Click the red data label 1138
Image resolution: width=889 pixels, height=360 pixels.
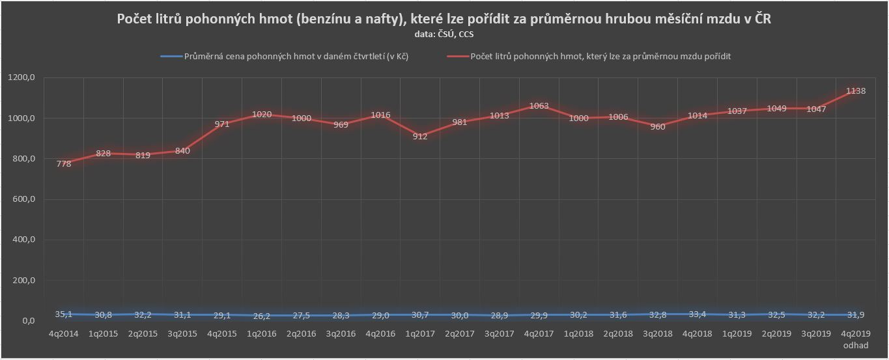pos(855,91)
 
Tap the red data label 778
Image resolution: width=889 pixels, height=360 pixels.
pos(64,164)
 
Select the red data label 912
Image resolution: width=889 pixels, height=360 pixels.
pos(420,137)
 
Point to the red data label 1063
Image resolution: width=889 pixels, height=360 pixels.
pos(539,105)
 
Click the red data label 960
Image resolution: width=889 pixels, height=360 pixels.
pos(658,127)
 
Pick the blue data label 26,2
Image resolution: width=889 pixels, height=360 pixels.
pos(262,316)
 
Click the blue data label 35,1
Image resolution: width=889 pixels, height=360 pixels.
pos(64,314)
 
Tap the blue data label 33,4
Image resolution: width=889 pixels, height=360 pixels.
pos(698,314)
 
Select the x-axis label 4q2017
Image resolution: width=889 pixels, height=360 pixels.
pos(539,334)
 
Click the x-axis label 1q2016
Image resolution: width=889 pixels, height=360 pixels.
pos(262,334)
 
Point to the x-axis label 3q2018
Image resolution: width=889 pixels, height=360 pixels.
pos(658,334)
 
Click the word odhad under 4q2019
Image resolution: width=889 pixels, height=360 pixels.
pos(856,345)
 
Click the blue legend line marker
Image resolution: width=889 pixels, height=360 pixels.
pos(171,57)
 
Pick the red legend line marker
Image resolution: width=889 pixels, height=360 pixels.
pos(457,57)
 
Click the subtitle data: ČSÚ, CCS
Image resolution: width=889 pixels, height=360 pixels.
pos(444,34)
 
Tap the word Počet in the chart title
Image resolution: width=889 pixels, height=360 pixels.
pos(135,20)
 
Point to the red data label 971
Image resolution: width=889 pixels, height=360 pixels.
pos(222,124)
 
